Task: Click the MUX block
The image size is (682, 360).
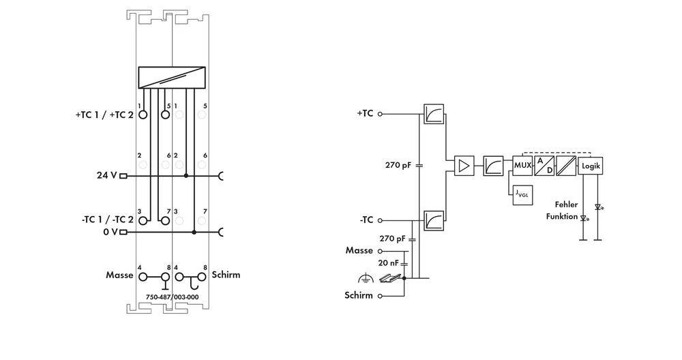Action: (x=522, y=166)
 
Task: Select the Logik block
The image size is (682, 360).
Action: (x=590, y=166)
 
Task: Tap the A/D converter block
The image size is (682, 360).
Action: (x=544, y=166)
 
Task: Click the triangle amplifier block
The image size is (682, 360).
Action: (x=464, y=166)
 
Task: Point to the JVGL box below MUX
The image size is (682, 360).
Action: (x=522, y=194)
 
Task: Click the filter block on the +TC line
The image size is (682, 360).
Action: (x=433, y=115)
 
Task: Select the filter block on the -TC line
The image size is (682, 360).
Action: (x=433, y=221)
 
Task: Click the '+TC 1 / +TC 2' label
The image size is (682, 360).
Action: (x=104, y=115)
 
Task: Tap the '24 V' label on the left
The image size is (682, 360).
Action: (x=107, y=175)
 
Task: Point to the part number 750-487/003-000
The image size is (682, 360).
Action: (x=172, y=297)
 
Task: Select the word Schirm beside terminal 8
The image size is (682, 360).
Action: (x=226, y=275)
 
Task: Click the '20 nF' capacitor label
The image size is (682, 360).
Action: (x=389, y=262)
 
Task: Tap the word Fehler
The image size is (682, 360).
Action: (x=566, y=205)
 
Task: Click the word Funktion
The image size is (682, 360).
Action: (x=562, y=216)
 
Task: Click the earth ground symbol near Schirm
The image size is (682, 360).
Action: (x=365, y=277)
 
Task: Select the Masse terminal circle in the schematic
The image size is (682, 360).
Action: (x=381, y=251)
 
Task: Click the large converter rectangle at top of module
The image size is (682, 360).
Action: (x=172, y=78)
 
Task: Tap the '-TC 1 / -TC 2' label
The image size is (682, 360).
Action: (x=106, y=220)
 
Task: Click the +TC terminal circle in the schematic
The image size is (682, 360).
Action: (x=381, y=114)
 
